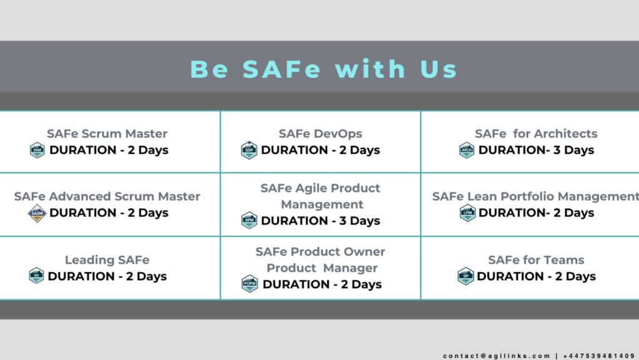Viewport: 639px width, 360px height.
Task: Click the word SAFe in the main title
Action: (281, 69)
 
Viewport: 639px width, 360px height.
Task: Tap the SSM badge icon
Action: (37, 150)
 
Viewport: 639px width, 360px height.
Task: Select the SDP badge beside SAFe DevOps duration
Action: (249, 150)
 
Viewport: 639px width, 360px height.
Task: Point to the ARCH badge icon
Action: (467, 150)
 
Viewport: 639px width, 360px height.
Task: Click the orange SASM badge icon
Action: (37, 213)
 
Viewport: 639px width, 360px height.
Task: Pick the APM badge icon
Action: (249, 220)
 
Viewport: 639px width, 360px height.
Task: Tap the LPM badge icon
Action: (467, 213)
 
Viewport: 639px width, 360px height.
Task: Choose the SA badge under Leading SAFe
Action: (36, 276)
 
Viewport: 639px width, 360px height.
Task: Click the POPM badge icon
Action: (250, 284)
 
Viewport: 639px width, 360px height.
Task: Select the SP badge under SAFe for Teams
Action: (466, 276)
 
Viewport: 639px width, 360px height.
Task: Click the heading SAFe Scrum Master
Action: (107, 134)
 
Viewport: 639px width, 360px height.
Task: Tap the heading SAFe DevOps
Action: (320, 134)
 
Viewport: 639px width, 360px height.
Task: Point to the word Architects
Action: (565, 134)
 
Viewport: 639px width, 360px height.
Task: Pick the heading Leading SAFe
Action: (107, 260)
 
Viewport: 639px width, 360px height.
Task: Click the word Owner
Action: (364, 251)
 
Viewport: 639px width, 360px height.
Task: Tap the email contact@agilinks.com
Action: (497, 356)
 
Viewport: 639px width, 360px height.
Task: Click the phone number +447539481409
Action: (599, 356)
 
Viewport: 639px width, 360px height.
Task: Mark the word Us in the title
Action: (439, 69)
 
